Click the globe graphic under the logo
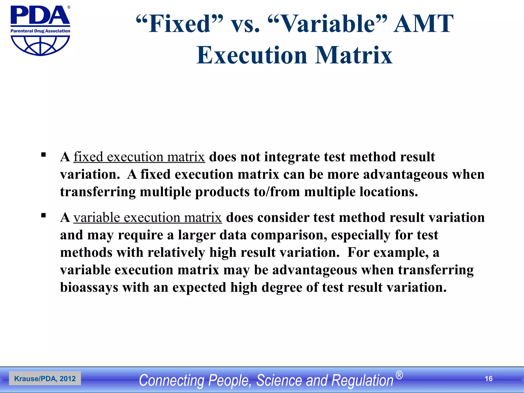pyautogui.click(x=40, y=45)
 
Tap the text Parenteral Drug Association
pyautogui.click(x=40, y=31)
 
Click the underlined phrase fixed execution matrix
pyautogui.click(x=139, y=157)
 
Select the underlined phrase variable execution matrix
pyautogui.click(x=148, y=217)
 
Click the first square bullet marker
pyautogui.click(x=43, y=155)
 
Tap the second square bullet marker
pyautogui.click(x=43, y=215)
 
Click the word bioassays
pyautogui.click(x=89, y=287)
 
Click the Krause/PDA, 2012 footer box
pyautogui.click(x=45, y=378)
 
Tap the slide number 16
pyautogui.click(x=488, y=378)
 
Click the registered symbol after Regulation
pyautogui.click(x=399, y=375)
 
